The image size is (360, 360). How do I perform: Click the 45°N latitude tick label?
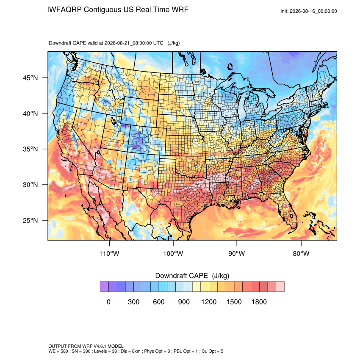30,78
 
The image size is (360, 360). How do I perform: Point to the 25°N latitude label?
30,220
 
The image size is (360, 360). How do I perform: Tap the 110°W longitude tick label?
109,253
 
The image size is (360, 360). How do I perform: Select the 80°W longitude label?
301,253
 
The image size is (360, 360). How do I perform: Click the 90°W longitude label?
236,253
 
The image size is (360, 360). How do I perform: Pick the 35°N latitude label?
30,149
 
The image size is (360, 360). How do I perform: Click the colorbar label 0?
108,302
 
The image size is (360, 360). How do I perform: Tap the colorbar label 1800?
259,302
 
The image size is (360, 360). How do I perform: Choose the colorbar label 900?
184,302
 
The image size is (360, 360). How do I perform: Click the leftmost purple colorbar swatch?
104,287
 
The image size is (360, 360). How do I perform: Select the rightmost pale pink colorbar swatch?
280,287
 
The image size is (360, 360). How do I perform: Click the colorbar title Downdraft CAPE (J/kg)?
192,276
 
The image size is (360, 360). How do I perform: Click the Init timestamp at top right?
309,11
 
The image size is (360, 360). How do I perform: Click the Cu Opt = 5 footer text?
212,351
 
